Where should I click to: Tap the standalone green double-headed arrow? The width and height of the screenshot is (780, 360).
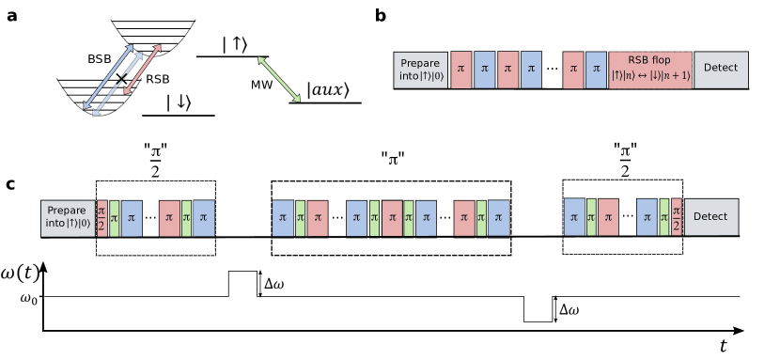(279, 79)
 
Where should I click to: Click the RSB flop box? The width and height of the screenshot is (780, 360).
(650, 70)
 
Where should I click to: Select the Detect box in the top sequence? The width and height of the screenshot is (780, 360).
(721, 70)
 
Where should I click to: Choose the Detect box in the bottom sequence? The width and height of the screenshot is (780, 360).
(710, 217)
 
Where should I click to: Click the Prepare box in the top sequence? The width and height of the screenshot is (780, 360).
(420, 70)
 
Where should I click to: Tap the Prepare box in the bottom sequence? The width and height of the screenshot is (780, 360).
(68, 218)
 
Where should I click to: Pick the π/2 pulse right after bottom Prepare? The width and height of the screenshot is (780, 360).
(101, 218)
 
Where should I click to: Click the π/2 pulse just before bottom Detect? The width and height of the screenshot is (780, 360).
(676, 218)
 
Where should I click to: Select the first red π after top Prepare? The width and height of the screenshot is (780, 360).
(460, 70)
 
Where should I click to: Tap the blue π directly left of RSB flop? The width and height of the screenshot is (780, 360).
(596, 70)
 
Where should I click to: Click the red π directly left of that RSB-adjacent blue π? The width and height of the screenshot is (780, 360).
(573, 70)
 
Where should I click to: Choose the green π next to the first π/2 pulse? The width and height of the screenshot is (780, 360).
(114, 218)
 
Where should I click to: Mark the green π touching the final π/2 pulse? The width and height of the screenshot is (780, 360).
(664, 218)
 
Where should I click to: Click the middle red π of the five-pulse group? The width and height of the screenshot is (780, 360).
(392, 218)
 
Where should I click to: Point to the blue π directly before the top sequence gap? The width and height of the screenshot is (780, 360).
(531, 70)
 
